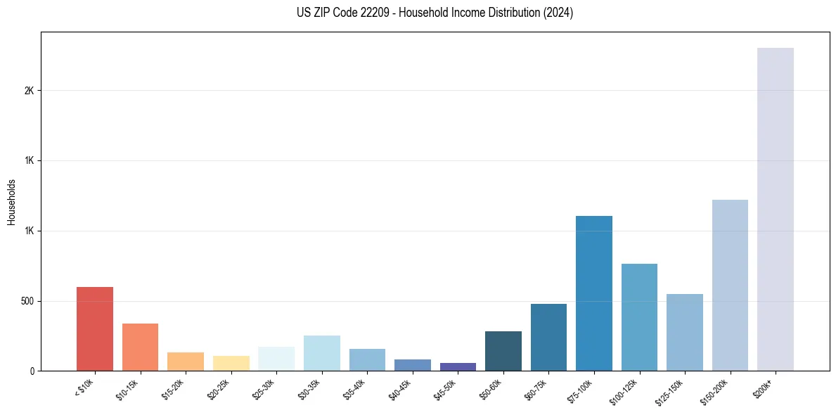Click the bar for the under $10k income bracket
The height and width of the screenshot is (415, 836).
95,328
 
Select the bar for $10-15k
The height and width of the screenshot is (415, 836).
140,347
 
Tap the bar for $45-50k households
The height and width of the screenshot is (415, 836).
458,366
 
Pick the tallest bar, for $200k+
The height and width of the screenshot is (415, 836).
776,209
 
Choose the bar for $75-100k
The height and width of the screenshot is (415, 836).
594,293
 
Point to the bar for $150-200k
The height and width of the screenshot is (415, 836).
730,285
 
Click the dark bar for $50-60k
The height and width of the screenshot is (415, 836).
503,351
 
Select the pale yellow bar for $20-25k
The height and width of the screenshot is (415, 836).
231,363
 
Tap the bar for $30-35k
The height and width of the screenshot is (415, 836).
322,353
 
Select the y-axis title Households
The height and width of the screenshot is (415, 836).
11,202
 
